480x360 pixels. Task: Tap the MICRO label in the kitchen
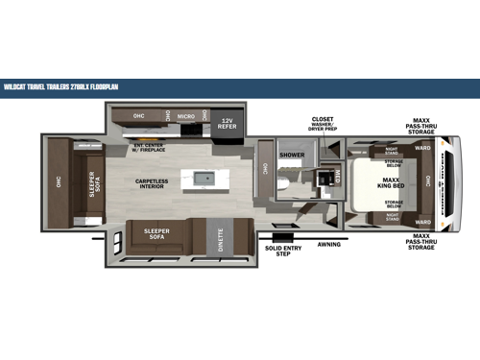(x=186, y=115)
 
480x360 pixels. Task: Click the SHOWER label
(x=291, y=154)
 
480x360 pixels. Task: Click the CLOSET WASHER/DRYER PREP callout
(x=323, y=125)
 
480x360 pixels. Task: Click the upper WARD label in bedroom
(x=422, y=149)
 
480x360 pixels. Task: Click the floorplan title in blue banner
(x=63, y=84)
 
